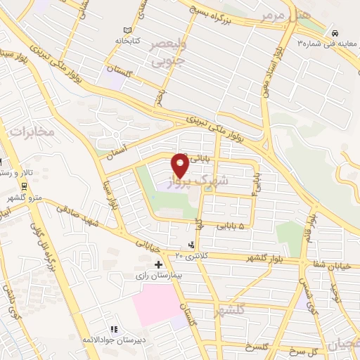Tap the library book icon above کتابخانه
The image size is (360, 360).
[127, 31]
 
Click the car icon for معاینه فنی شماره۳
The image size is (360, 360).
[336, 32]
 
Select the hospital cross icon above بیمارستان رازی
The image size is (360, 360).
[157, 265]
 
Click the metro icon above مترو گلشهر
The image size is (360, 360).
[25, 186]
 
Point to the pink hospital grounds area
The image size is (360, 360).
[155, 304]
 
